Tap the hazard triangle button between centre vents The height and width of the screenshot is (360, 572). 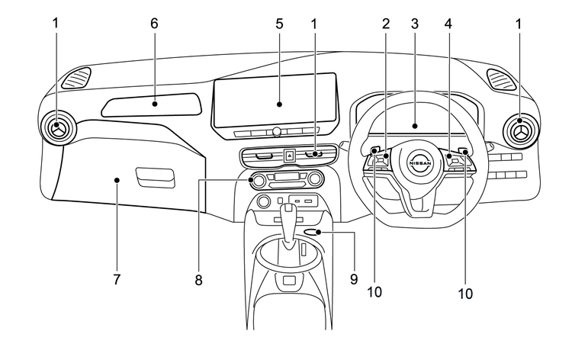coord(290,155)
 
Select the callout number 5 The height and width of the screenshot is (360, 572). coord(279,24)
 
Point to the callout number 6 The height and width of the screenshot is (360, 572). coord(154,24)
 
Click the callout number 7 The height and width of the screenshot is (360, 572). coord(117,280)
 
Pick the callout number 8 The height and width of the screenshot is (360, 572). coord(198,280)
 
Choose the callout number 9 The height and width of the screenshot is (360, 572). coord(354,280)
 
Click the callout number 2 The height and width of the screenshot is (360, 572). coord(386,24)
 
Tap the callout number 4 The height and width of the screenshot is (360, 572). coord(448,24)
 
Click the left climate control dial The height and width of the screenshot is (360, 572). coord(259,180)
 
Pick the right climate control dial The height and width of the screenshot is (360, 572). coord(313,180)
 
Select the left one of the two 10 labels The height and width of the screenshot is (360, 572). coord(374,291)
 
